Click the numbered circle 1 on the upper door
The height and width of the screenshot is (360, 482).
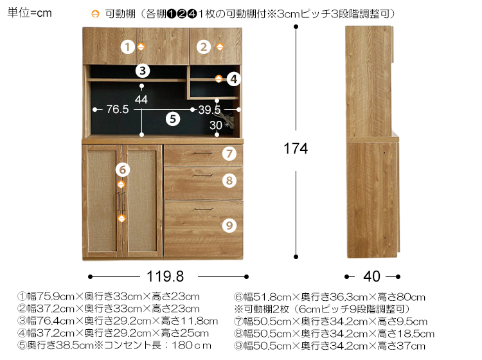[128, 47]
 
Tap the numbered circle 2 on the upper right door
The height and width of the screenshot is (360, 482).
[204, 47]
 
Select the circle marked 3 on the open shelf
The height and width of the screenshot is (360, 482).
[143, 71]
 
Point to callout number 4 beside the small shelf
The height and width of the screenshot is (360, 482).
[234, 79]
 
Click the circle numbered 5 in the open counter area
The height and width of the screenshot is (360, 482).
[173, 119]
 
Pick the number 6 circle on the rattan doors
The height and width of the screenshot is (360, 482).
[122, 170]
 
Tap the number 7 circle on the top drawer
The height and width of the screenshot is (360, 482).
[229, 154]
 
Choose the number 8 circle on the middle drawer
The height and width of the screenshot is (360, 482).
[229, 181]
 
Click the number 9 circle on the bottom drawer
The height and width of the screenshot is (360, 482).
[229, 226]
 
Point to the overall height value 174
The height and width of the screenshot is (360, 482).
[296, 148]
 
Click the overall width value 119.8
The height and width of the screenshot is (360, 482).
[165, 276]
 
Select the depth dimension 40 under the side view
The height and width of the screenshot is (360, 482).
[372, 276]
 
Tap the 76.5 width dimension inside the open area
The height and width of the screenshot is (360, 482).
[118, 109]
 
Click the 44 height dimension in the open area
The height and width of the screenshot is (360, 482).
[141, 99]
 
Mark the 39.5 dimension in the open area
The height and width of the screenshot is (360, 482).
[210, 110]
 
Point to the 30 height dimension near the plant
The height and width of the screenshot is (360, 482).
[216, 125]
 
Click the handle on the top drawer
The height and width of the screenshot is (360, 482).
[203, 153]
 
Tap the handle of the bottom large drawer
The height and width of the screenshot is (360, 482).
[204, 210]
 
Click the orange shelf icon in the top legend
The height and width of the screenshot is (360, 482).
[95, 14]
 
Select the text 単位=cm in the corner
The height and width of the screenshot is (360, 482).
[30, 13]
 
